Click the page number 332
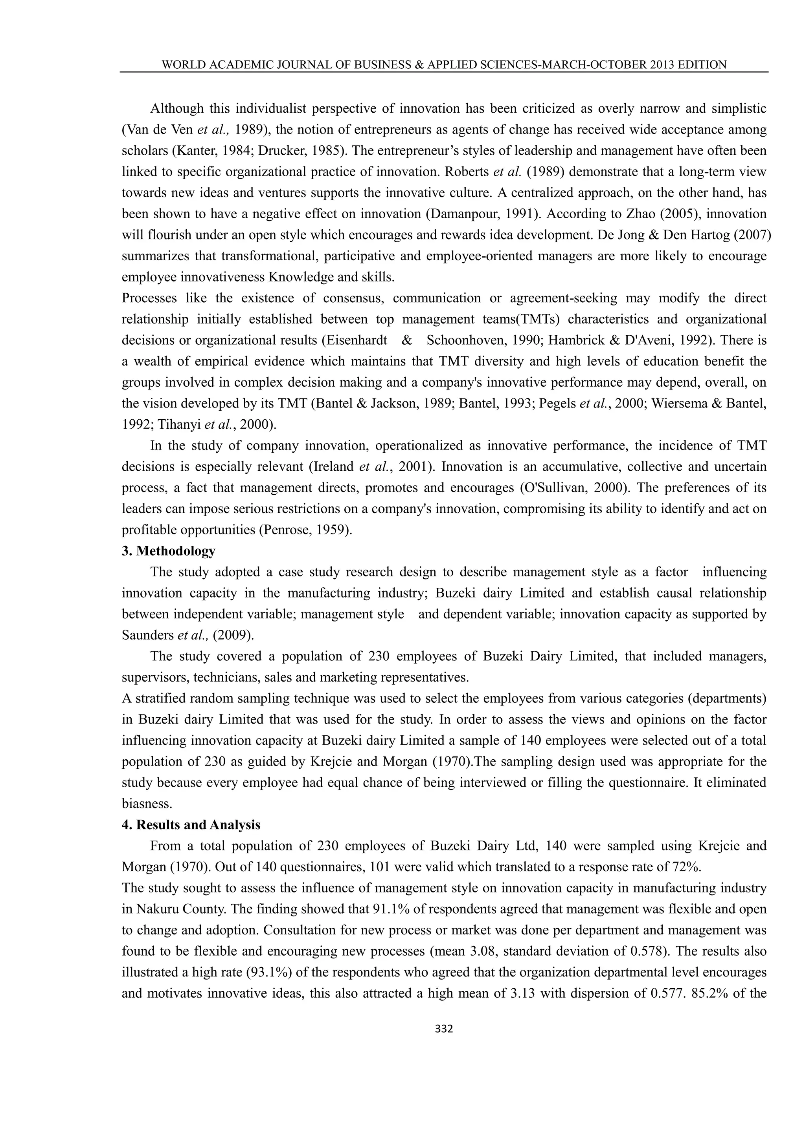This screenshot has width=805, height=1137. click(444, 1029)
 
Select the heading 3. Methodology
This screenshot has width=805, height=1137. click(169, 551)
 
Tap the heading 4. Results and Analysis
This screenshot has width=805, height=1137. click(191, 824)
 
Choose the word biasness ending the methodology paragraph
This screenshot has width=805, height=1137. click(146, 804)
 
